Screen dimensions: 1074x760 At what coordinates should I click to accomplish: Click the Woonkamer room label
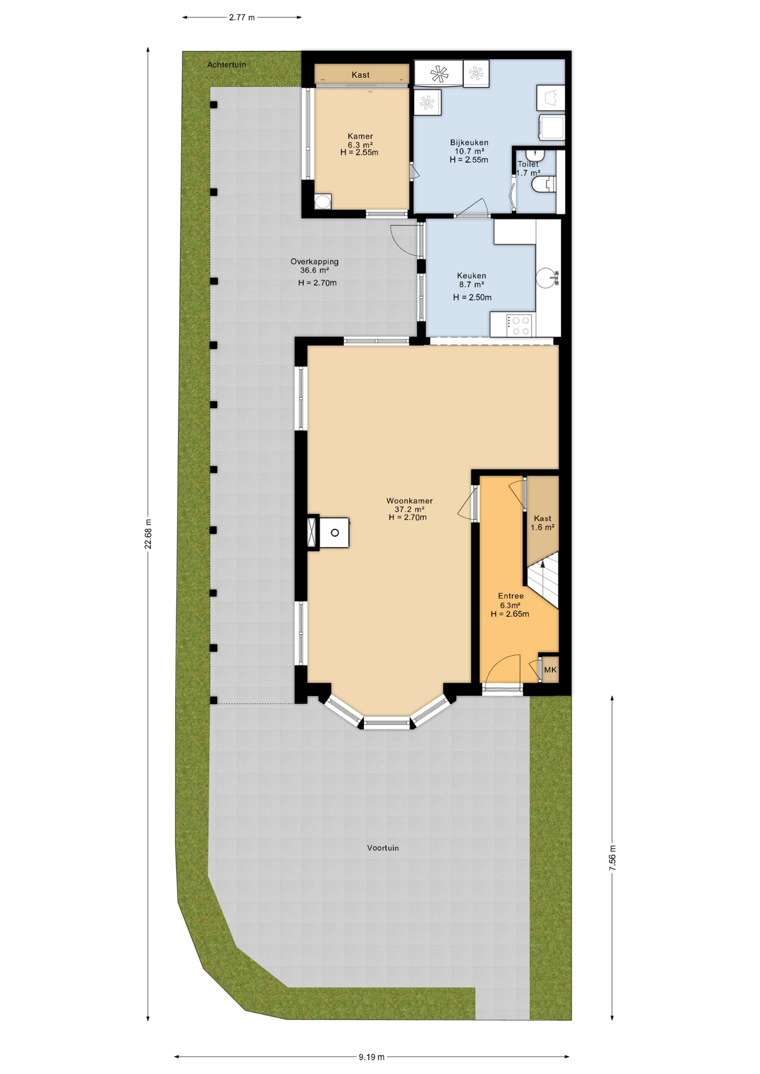click(x=409, y=501)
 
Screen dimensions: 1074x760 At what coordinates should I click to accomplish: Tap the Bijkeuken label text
click(x=469, y=143)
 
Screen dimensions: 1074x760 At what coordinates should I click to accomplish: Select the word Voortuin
click(x=383, y=847)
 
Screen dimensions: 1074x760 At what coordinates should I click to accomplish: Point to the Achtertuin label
click(x=227, y=65)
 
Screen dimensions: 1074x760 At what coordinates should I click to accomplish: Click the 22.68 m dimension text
click(x=148, y=534)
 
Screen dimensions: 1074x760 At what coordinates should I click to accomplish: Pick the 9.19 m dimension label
click(x=372, y=1057)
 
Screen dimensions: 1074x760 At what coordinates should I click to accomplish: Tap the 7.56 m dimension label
click(x=612, y=857)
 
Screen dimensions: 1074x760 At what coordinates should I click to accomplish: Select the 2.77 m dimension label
click(x=242, y=17)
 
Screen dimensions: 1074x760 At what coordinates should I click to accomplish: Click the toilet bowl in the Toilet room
click(x=544, y=184)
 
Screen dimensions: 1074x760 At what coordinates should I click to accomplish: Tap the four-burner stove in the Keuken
click(x=519, y=326)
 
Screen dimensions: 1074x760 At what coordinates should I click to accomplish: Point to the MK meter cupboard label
click(x=550, y=670)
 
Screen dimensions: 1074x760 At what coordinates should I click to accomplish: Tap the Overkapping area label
click(x=315, y=261)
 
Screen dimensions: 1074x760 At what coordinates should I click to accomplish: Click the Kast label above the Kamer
click(x=360, y=75)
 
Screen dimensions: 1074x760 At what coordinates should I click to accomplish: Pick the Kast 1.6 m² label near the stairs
click(x=542, y=522)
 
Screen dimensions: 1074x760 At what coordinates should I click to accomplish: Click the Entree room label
click(x=511, y=596)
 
